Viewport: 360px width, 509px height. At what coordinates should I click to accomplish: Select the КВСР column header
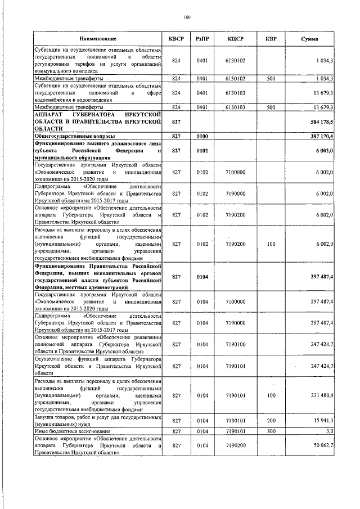coord(176,38)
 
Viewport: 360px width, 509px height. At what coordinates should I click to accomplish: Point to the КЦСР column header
coord(235,38)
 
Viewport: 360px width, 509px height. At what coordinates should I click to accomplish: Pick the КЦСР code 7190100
coord(235,344)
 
